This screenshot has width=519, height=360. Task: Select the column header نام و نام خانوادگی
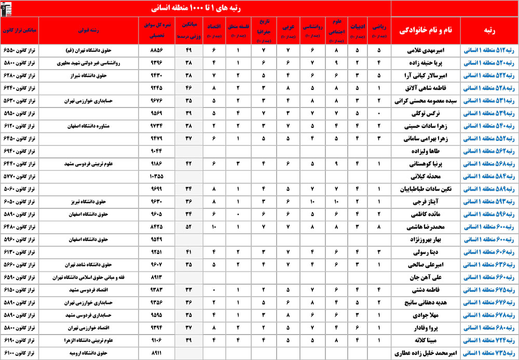(425, 31)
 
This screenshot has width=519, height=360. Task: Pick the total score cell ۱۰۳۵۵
(156, 175)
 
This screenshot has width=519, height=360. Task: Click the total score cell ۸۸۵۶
(156, 51)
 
